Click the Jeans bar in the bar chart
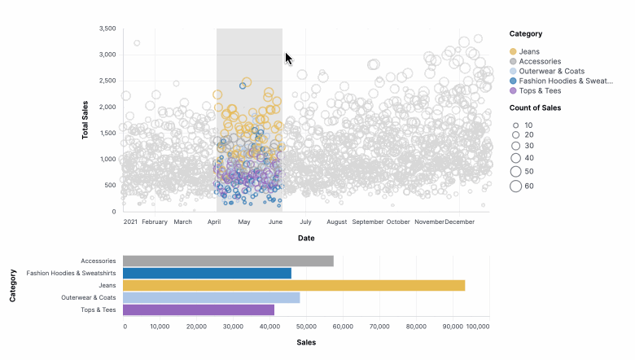(x=293, y=285)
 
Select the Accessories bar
(x=228, y=261)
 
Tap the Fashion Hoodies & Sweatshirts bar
(x=207, y=273)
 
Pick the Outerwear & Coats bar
(x=211, y=297)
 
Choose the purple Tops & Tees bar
(x=199, y=310)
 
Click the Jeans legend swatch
(x=513, y=51)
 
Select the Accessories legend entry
(x=539, y=61)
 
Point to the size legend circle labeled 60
(x=515, y=187)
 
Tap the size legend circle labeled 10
(x=515, y=125)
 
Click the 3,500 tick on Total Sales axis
(x=107, y=29)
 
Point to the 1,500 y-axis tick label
(x=107, y=133)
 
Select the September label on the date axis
(x=368, y=222)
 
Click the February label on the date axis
(x=154, y=222)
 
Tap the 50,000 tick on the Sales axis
(x=306, y=327)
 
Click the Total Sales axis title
(x=85, y=119)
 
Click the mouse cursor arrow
(x=288, y=58)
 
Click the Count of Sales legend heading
(x=535, y=108)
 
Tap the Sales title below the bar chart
(x=306, y=342)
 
